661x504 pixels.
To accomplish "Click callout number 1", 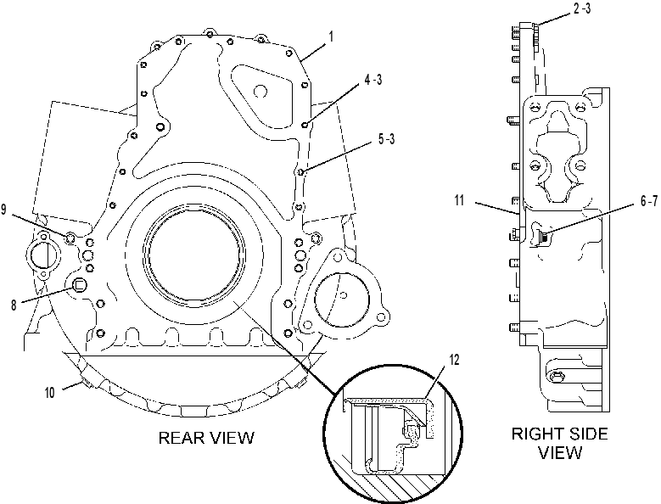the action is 331,36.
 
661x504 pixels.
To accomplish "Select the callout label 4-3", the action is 373,80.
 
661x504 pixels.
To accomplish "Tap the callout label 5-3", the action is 386,139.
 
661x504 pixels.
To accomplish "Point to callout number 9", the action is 3,210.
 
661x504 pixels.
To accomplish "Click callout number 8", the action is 14,305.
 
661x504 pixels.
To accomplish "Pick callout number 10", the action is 50,393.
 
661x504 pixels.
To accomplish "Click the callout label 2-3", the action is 582,8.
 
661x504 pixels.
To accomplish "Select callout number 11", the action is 459,200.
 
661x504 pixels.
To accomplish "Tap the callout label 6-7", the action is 649,202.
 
